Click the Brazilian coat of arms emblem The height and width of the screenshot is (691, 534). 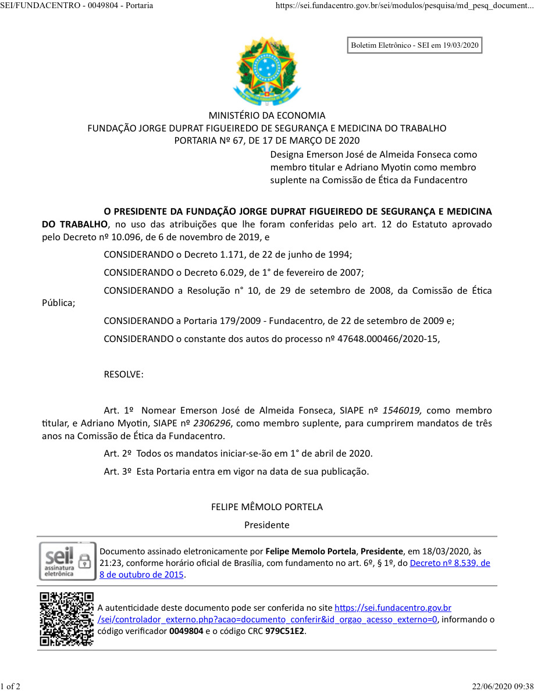[267, 71]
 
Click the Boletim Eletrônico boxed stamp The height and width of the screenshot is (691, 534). [415, 45]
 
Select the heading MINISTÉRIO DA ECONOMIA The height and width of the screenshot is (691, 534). [267, 115]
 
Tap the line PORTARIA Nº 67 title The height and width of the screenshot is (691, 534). [267, 140]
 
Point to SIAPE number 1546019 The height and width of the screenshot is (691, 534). [402, 411]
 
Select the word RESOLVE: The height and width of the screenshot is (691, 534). [123, 375]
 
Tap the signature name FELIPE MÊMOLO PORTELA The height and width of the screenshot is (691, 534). [267, 507]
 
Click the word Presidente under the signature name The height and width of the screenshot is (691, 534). [267, 525]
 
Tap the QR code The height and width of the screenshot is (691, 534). [66, 619]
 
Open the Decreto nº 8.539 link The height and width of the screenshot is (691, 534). [450, 563]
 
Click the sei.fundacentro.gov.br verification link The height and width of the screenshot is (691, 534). [393, 608]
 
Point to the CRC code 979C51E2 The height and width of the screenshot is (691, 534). [285, 631]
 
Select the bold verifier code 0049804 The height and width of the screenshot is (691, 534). [186, 631]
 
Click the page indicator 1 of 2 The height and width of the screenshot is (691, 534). [10, 686]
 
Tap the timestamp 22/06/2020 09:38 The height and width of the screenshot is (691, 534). [502, 686]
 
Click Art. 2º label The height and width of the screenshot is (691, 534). [117, 453]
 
